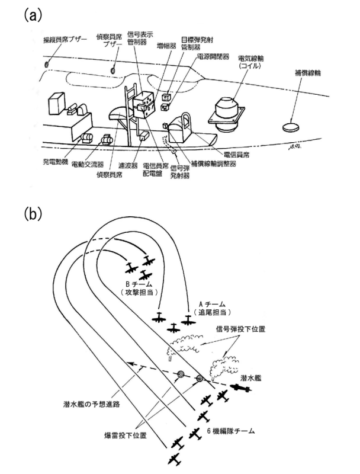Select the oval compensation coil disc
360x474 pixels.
(290, 126)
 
